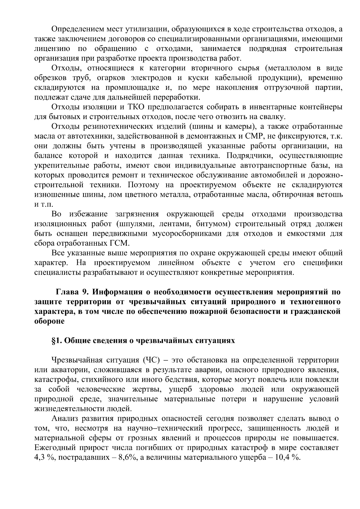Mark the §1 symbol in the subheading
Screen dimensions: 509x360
coord(57,341)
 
